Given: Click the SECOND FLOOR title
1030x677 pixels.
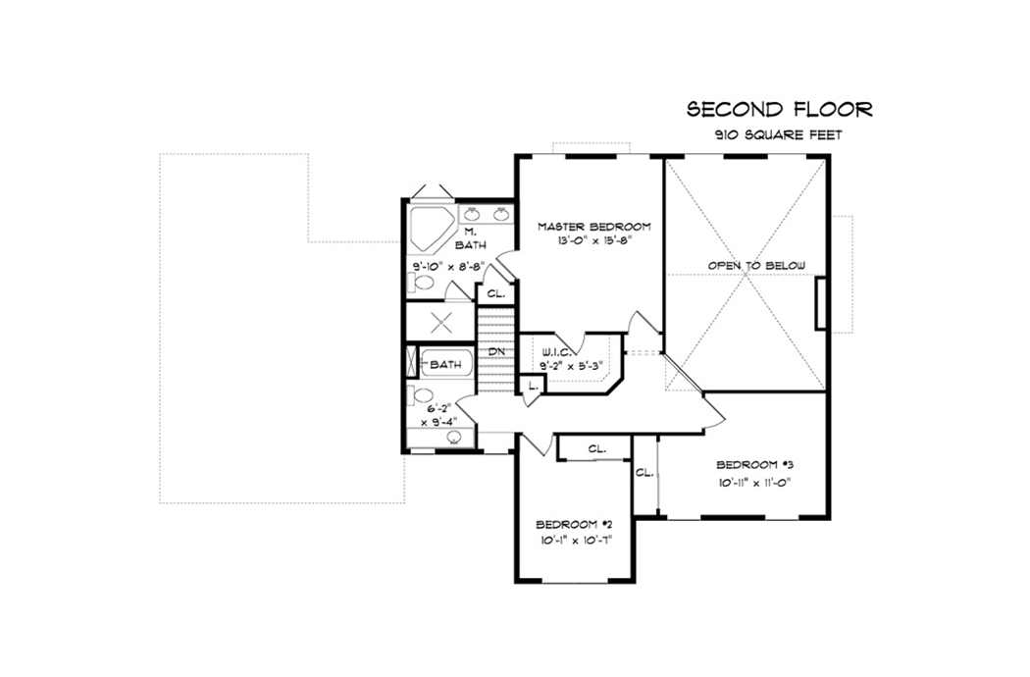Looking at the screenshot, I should tap(779, 109).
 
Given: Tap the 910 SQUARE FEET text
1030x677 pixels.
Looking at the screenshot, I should tap(779, 135).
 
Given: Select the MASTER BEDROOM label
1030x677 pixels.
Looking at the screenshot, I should tap(593, 227).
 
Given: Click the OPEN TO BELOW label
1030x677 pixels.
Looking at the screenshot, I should tap(756, 266).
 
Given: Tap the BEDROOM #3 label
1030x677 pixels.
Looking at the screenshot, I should tap(753, 464).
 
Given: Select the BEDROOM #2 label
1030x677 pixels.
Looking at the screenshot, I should tap(573, 523).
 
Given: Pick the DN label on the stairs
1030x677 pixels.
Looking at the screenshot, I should tap(497, 351).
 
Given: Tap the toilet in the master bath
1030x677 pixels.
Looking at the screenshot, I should tap(423, 284).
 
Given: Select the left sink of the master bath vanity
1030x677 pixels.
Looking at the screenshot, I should tap(471, 214).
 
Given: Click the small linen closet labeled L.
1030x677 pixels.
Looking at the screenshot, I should tap(532, 386).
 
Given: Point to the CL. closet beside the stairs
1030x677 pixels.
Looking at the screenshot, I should tap(495, 293).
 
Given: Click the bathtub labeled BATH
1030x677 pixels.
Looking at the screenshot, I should tap(446, 365).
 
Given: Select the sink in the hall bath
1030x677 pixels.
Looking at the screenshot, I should tap(454, 438).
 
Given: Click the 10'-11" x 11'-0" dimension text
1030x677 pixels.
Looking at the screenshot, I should tap(753, 482).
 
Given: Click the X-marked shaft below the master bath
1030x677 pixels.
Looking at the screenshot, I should tap(439, 322).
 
